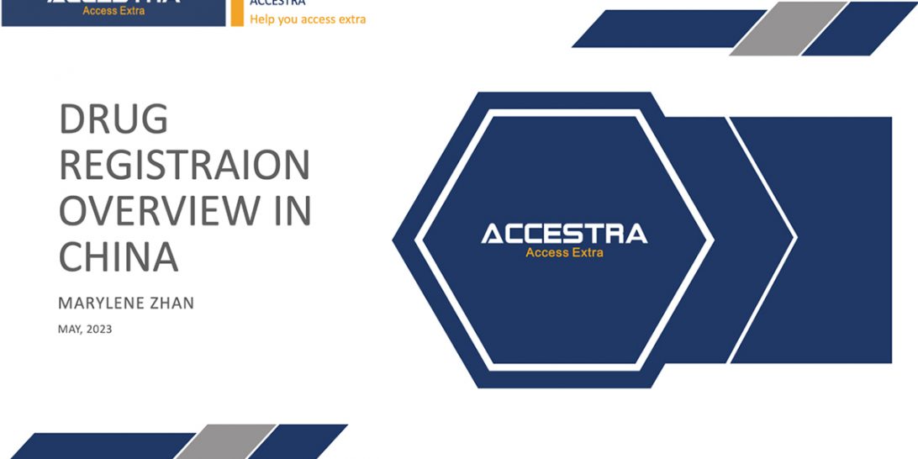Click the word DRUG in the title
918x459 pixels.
tap(113, 121)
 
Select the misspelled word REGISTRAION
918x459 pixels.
tap(184, 166)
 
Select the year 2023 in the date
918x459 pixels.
tap(98, 330)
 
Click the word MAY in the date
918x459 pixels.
tap(68, 330)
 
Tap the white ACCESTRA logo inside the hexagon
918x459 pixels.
tap(564, 233)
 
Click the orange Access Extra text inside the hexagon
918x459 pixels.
tap(564, 252)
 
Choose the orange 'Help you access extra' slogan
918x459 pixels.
tap(308, 19)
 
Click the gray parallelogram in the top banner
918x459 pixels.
tap(788, 29)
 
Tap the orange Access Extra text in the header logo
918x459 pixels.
tap(113, 11)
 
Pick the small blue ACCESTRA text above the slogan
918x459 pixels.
tap(277, 3)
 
